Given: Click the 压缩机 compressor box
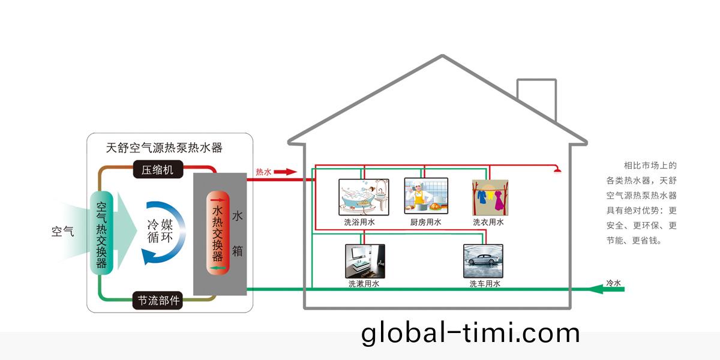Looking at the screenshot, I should [157, 170].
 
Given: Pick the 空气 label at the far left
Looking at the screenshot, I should [62, 232].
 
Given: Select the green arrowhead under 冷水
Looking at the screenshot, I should [595, 290].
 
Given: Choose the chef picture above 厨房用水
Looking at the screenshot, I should [426, 196].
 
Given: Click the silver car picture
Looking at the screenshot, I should [483, 260].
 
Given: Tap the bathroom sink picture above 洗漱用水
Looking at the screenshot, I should [365, 260].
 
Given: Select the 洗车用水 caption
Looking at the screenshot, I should [485, 284].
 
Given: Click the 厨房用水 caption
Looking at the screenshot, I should [426, 222].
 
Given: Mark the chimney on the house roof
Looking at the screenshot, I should [536, 100].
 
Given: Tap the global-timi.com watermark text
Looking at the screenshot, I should [470, 334].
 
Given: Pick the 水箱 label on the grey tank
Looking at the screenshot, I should [238, 234].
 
